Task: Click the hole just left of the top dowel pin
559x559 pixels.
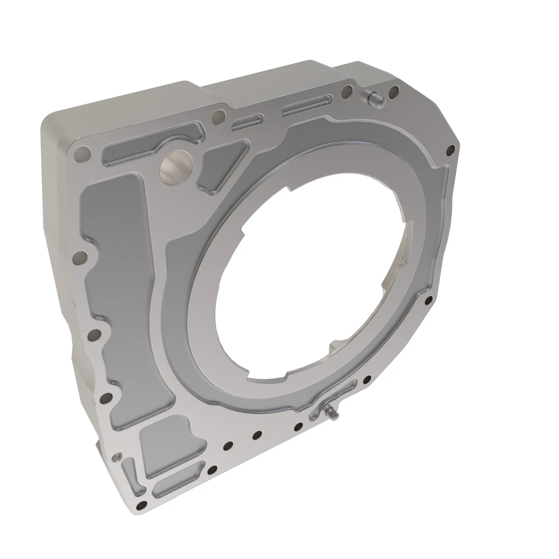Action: [x=346, y=92]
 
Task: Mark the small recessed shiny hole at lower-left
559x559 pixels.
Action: [x=117, y=457]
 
